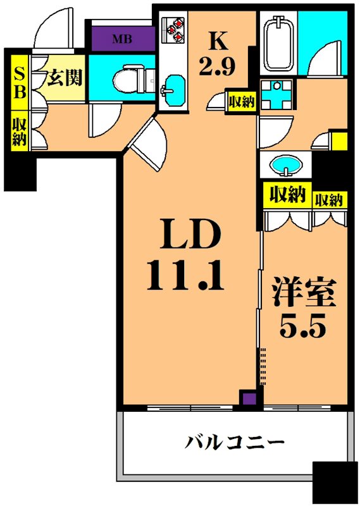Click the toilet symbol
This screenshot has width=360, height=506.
tap(130, 78)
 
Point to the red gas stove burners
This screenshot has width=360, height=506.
tap(175, 29)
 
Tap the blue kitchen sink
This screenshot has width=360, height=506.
tap(172, 88)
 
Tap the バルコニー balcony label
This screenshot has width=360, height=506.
tap(231, 442)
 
